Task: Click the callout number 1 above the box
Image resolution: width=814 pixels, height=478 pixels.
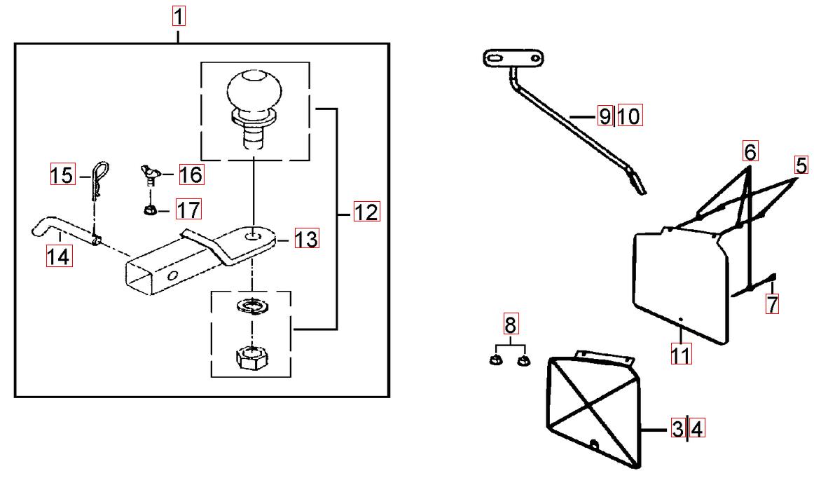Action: tap(179, 15)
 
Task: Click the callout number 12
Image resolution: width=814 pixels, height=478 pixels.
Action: tap(366, 211)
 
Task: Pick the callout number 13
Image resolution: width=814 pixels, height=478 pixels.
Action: tap(305, 239)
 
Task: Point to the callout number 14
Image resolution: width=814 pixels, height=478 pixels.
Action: tap(59, 257)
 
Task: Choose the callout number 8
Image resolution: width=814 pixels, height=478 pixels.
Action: tap(510, 325)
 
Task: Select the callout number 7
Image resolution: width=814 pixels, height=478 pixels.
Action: tap(772, 304)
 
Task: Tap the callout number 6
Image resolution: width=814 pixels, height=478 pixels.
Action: tap(750, 151)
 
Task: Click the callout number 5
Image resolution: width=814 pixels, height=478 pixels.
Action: tap(801, 165)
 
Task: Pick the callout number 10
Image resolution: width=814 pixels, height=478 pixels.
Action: tap(629, 116)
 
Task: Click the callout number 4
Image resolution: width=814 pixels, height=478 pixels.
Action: tap(696, 428)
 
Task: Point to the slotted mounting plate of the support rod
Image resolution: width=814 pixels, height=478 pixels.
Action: tap(513, 58)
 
